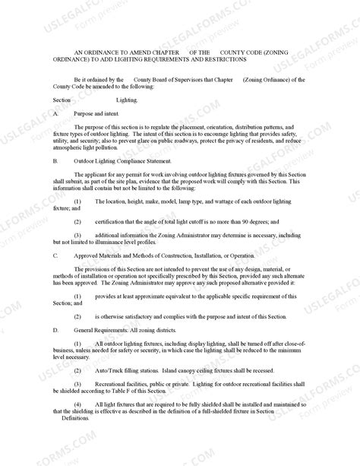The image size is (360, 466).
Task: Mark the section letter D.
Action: pyautogui.click(x=56, y=332)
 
